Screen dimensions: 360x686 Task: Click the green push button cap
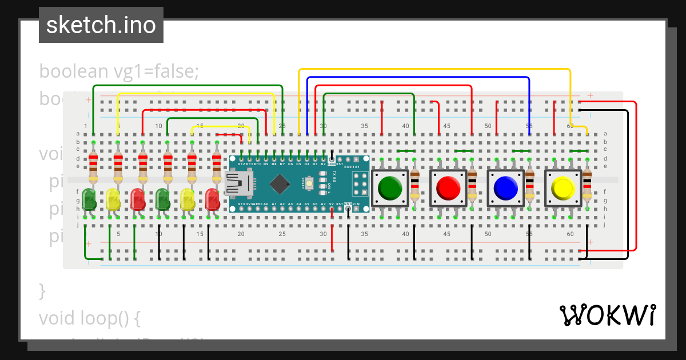click(390, 187)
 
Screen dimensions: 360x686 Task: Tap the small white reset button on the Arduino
click(310, 183)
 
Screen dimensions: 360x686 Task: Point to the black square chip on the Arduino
click(280, 183)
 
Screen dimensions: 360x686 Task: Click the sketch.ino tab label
click(101, 25)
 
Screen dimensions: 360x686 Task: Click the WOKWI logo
click(608, 315)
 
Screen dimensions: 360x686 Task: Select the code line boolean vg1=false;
click(119, 71)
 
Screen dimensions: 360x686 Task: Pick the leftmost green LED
click(89, 199)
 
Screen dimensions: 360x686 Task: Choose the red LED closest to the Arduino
click(213, 199)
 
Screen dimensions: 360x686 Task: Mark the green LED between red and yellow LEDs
click(163, 199)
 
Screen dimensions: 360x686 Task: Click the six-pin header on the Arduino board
click(359, 183)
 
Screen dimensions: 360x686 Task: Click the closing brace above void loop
click(42, 290)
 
